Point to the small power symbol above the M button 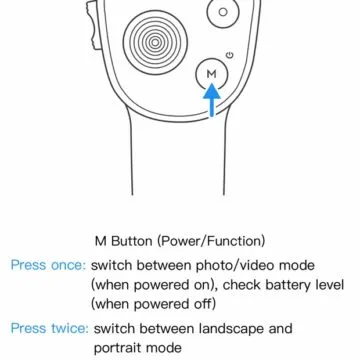coord(230,53)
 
